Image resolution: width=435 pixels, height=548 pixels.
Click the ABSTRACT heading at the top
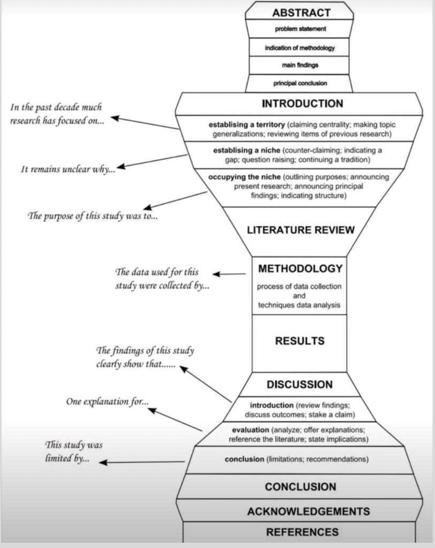point(301,13)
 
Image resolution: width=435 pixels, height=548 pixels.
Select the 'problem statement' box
point(300,29)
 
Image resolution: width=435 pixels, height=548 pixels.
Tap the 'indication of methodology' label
point(300,48)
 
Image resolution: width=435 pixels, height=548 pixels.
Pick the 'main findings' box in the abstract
point(300,65)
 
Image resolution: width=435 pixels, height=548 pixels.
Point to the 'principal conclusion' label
point(300,83)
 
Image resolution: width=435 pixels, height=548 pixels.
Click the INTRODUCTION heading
point(302,104)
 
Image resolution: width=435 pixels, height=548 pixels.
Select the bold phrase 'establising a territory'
point(246,125)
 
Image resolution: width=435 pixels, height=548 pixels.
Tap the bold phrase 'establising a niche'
point(246,150)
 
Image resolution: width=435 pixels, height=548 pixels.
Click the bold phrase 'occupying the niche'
point(244,177)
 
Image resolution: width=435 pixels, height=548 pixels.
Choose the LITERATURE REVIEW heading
point(301,230)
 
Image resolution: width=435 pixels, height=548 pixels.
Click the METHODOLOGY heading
point(300,268)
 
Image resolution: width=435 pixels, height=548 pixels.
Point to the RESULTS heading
point(300,341)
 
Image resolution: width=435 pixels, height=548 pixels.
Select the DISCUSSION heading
point(300,384)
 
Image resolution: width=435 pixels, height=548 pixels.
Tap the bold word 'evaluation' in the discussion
point(250,430)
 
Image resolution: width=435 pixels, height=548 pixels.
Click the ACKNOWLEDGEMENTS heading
point(308,511)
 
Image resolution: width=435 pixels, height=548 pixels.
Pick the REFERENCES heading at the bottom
point(302,532)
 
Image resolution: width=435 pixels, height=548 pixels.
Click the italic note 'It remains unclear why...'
point(68,169)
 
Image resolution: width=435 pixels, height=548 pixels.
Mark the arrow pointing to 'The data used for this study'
point(229,274)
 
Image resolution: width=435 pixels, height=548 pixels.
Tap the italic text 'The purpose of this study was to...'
point(93,216)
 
